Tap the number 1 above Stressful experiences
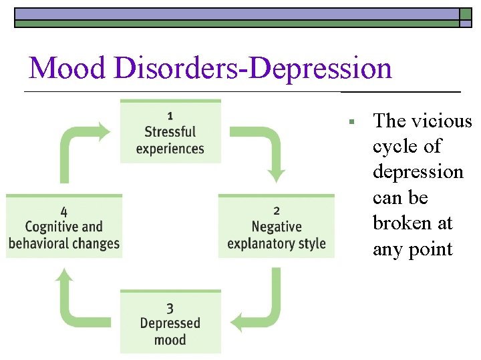(x=170, y=115)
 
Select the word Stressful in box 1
(x=170, y=132)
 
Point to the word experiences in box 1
(x=170, y=148)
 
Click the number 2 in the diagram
(x=277, y=211)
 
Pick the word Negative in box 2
(x=277, y=227)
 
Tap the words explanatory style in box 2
(x=277, y=243)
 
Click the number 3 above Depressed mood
(x=170, y=307)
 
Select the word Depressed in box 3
(x=170, y=323)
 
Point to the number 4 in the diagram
(x=63, y=211)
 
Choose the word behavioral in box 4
(x=41, y=243)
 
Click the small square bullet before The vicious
(x=350, y=122)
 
